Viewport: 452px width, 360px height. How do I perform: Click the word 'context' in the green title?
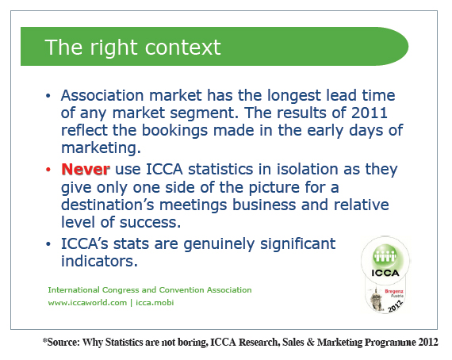pos(182,48)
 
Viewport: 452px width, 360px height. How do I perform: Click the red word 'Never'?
pos(86,169)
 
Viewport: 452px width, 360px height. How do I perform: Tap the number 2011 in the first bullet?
pos(370,113)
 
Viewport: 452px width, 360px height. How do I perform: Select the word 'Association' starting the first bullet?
pos(102,95)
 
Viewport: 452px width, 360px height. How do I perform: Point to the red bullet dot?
pos(48,170)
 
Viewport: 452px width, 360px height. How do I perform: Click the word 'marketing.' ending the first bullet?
pos(101,147)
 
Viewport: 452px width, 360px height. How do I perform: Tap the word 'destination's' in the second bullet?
pos(108,205)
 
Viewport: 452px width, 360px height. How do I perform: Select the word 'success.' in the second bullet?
pos(150,223)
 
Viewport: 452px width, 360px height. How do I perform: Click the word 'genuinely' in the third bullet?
pos(219,245)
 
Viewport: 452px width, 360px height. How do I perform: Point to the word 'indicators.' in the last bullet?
pos(99,261)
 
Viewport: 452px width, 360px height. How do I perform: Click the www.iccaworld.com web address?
pos(87,303)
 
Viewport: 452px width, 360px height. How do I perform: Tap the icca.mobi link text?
pos(155,303)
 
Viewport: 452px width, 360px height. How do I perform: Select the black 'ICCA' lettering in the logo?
pos(385,273)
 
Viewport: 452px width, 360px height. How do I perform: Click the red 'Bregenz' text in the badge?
pos(394,291)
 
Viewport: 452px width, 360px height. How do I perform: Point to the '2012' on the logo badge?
pos(395,306)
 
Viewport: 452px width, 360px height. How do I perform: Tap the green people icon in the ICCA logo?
pos(385,255)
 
